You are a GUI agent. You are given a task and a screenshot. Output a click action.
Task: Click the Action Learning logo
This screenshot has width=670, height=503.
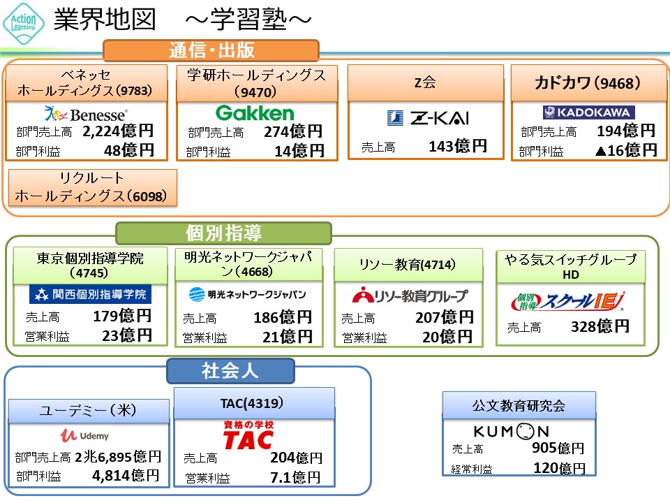(x=24, y=22)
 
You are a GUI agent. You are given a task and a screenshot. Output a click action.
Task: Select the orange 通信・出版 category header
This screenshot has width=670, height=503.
(x=211, y=50)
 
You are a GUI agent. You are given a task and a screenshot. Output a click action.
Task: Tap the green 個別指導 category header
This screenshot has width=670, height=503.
(x=223, y=233)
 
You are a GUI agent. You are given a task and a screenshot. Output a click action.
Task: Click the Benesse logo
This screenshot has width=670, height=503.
(x=86, y=113)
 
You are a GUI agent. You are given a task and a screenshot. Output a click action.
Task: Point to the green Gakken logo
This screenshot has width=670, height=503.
(x=255, y=113)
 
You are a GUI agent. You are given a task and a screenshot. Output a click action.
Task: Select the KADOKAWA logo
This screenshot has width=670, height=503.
(x=588, y=112)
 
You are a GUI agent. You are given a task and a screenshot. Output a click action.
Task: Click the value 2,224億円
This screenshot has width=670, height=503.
(x=118, y=131)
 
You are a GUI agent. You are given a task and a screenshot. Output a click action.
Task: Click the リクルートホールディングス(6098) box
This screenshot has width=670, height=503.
(x=91, y=187)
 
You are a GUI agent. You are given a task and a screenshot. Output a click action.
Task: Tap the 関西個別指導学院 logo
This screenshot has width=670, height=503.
(x=90, y=294)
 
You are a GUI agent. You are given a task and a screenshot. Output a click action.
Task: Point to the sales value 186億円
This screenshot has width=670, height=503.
(x=283, y=318)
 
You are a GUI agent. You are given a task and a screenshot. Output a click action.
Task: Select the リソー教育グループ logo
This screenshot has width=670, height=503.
(x=410, y=296)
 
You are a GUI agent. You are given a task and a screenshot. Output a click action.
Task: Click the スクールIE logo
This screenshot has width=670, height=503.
(x=568, y=301)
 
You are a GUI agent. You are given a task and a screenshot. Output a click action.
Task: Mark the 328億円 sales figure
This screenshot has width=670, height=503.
(x=600, y=326)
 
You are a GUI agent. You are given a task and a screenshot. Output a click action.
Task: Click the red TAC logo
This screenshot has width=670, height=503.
(x=248, y=435)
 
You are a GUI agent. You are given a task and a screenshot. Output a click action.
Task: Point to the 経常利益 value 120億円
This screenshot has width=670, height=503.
(x=559, y=467)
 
